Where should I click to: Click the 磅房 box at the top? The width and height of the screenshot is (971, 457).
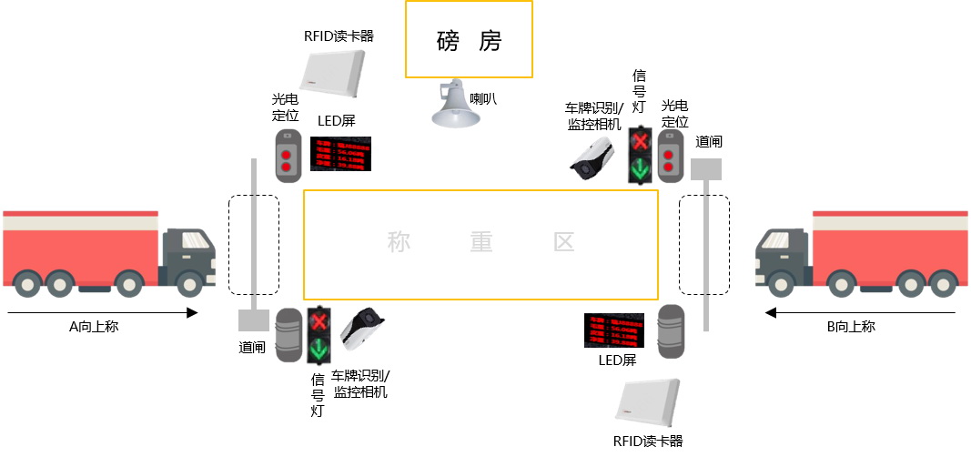[469, 40]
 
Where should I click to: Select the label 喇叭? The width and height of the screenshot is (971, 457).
[483, 97]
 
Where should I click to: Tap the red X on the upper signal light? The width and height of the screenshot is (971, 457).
[641, 141]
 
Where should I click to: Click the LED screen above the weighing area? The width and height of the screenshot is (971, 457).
[341, 155]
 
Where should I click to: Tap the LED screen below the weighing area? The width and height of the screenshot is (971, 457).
[613, 330]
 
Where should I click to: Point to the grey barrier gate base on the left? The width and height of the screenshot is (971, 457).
[253, 320]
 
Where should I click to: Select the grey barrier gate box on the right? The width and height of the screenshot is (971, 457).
[705, 169]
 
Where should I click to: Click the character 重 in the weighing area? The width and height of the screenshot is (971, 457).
[481, 242]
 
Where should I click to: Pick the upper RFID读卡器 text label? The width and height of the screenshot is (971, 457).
[339, 36]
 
